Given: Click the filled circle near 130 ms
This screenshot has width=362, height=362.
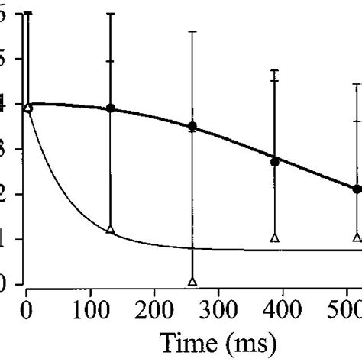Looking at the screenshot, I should [x=111, y=108].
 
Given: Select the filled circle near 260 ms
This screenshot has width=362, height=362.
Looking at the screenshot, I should [x=192, y=126].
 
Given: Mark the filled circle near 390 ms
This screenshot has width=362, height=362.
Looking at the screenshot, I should [x=275, y=162].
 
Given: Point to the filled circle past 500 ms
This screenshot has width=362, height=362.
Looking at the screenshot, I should [x=357, y=189].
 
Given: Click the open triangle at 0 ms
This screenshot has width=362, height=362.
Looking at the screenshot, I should [x=28, y=108].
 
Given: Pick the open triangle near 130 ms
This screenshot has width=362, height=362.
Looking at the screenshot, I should [x=111, y=230].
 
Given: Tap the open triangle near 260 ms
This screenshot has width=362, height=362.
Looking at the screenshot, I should [x=192, y=281].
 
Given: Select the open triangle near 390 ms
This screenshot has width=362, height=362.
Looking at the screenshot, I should [x=275, y=238].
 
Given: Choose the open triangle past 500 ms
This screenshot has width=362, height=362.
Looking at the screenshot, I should [x=357, y=238].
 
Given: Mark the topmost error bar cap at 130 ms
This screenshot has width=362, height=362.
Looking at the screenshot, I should [x=111, y=14].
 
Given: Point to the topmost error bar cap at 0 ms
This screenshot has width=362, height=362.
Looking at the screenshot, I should [x=28, y=13].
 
